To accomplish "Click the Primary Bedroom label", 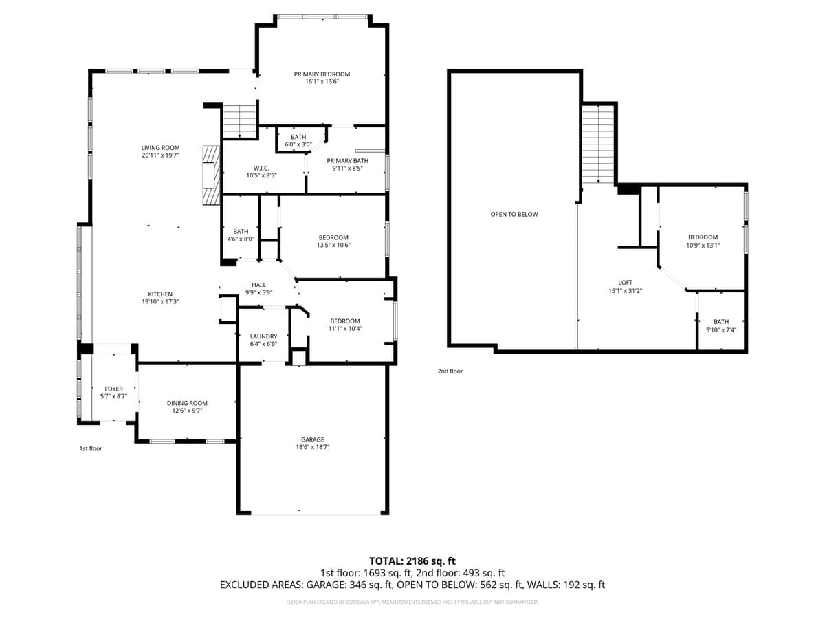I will pos(322,74).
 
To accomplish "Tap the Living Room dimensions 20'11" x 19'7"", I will pos(160,155).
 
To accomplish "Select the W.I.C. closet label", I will pos(261,168).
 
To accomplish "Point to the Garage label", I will pos(312,439).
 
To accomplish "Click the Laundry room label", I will pos(263,336).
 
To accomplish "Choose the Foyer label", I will pos(113,389).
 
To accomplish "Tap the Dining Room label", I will pos(187,403).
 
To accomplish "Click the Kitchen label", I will pos(160,294).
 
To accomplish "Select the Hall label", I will pos(258,285).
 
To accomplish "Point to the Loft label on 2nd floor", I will pos(625,282).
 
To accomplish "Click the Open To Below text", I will pos(514,214).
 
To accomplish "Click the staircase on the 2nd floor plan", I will pos(598,144).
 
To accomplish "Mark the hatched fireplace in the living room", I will pos(210,175).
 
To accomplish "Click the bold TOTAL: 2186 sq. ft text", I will pos(412,561).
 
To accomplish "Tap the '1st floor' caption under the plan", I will pos(90,448).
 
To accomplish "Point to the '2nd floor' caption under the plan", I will pos(450,371).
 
